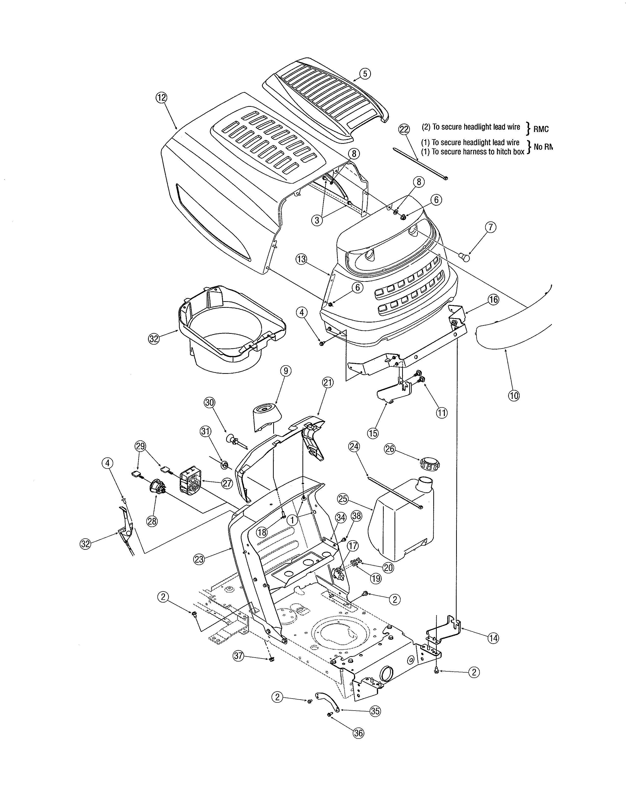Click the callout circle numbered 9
pyautogui.click(x=286, y=370)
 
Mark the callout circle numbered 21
pyautogui.click(x=328, y=382)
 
